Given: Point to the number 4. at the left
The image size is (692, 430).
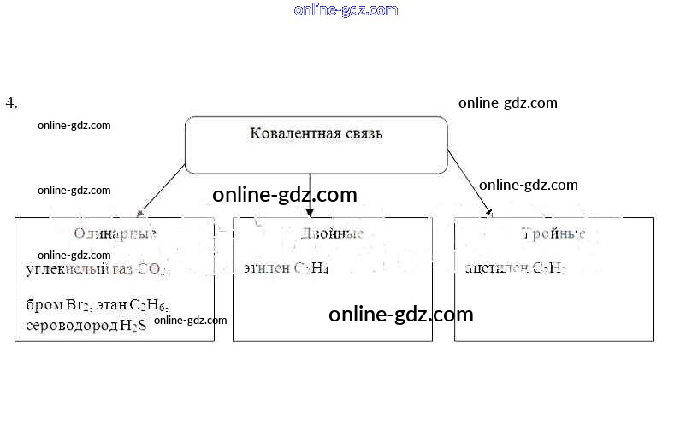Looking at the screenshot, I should pos(11,103).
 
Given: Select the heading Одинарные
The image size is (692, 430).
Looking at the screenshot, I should pos(115,233).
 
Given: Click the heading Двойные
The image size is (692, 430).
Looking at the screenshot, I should pos(333,233).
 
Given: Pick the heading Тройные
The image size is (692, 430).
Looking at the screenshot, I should pos(553,233).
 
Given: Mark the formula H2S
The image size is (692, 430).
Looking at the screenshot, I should pos(133,326).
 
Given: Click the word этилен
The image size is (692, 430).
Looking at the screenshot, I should pos(265,269).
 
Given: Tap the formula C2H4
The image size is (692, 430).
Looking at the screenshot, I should pos(311,269).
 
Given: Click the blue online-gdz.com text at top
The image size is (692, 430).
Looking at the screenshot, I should pos(346,10).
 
